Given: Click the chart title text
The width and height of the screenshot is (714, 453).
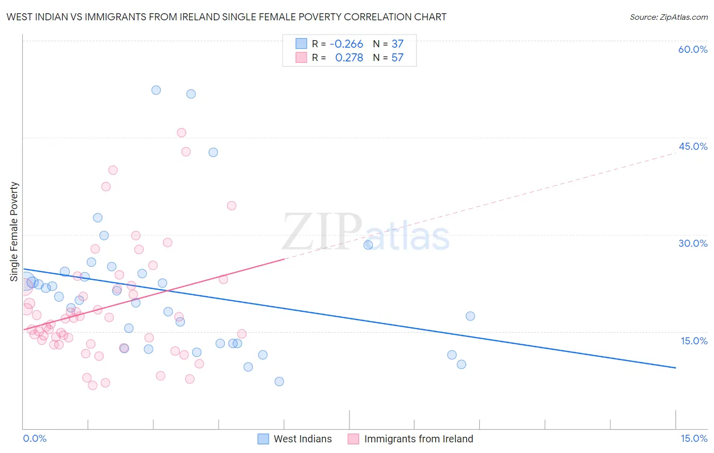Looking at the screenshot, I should (x=226, y=17).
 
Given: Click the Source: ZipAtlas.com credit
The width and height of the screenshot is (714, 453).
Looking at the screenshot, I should (x=668, y=17).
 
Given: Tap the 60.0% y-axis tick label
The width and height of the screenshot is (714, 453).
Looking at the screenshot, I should (x=693, y=49).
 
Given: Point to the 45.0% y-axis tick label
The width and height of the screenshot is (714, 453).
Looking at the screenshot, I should (x=693, y=146).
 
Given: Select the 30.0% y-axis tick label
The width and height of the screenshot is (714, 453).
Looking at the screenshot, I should (x=693, y=243).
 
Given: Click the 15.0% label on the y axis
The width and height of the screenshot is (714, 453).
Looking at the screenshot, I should (x=694, y=341).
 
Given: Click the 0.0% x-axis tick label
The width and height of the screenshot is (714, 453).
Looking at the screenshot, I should (x=35, y=438).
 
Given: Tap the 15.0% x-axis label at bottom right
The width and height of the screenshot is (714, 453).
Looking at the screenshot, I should (x=694, y=438).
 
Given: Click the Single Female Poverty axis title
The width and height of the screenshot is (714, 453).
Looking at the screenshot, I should (x=14, y=232).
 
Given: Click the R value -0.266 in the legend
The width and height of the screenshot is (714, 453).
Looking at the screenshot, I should (x=346, y=44).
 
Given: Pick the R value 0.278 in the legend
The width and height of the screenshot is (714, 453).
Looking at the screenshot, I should (x=349, y=58).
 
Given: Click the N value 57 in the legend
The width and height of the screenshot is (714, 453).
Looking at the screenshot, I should (x=397, y=58).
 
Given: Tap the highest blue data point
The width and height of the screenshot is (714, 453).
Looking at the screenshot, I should (x=156, y=90).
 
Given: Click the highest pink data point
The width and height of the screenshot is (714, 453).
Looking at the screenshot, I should (x=181, y=133).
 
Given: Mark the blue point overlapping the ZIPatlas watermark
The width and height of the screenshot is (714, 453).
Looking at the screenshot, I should (x=368, y=245).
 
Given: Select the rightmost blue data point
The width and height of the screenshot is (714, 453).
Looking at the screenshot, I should (x=470, y=316).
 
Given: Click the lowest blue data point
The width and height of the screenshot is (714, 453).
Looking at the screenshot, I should (x=279, y=381).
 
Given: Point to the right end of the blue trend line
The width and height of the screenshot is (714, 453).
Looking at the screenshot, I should (x=675, y=367).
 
